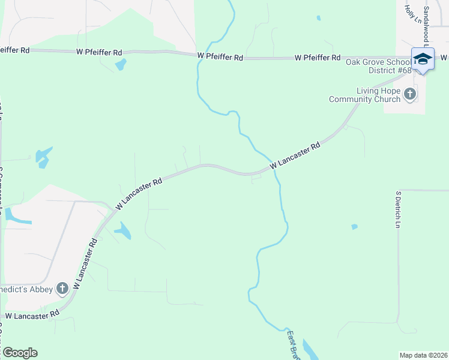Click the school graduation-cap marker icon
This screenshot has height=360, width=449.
click(x=423, y=59)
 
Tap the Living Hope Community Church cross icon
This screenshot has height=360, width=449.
click(x=410, y=94)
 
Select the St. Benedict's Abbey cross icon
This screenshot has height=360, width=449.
click(x=62, y=289)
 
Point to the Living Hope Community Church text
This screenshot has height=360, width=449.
click(x=365, y=95)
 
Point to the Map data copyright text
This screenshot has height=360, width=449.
click(x=423, y=355)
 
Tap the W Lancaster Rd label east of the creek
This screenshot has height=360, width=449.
click(x=296, y=156)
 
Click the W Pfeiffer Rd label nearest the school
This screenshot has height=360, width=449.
click(x=318, y=58)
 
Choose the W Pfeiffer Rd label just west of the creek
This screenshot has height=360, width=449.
click(x=220, y=56)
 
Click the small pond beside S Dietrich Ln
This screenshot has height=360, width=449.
click(x=354, y=227)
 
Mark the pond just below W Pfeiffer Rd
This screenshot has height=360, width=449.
click(x=121, y=64)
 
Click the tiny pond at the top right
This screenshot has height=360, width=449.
click(x=318, y=18)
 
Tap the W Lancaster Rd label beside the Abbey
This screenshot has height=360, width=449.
click(x=85, y=265)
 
